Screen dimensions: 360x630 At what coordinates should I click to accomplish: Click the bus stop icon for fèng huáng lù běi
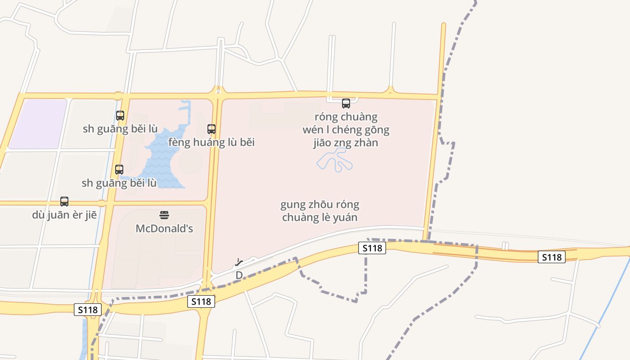(x=211, y=129)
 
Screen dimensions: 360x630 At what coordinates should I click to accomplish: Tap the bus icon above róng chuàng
(x=346, y=103)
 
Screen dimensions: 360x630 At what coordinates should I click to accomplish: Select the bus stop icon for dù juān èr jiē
(x=64, y=202)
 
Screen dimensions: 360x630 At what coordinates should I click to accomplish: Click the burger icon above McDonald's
(x=164, y=215)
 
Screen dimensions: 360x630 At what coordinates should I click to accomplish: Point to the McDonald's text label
(x=164, y=229)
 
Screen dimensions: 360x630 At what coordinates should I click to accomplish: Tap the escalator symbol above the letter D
(x=239, y=262)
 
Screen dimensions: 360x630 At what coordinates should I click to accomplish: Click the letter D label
(x=239, y=275)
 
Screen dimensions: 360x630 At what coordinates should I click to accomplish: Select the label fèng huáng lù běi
(x=211, y=143)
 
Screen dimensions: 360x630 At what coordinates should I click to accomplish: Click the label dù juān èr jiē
(x=64, y=215)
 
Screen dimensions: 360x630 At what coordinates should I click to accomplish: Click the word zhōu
(x=321, y=205)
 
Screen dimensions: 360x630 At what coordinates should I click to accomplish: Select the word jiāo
(x=324, y=143)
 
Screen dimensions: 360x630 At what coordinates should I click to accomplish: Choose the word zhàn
(x=366, y=143)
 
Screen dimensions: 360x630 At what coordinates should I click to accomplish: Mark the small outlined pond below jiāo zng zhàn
(x=335, y=160)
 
